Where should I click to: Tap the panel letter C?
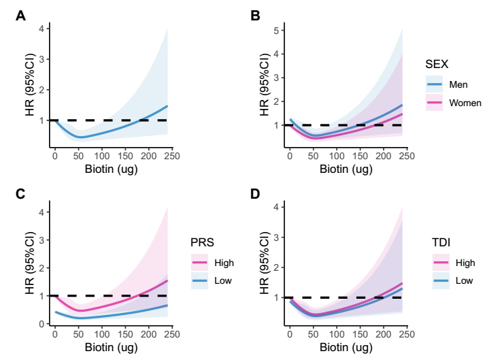[21, 195]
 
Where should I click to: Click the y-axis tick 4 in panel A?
[41, 29]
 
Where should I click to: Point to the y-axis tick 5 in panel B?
[276, 31]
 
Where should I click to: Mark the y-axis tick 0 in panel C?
[41, 324]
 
